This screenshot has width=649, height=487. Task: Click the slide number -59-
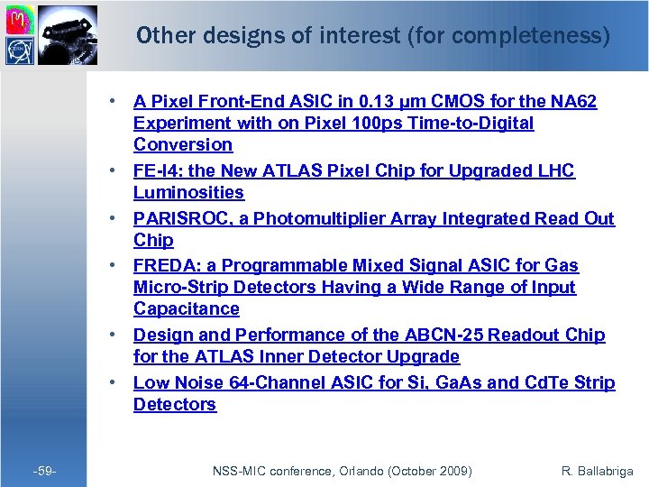[42, 472]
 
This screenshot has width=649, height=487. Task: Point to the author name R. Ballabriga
[596, 472]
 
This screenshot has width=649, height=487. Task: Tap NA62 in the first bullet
[571, 101]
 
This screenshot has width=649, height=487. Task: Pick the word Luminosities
[188, 192]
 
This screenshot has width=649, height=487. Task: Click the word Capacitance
[187, 308]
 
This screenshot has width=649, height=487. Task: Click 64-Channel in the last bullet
[288, 382]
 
